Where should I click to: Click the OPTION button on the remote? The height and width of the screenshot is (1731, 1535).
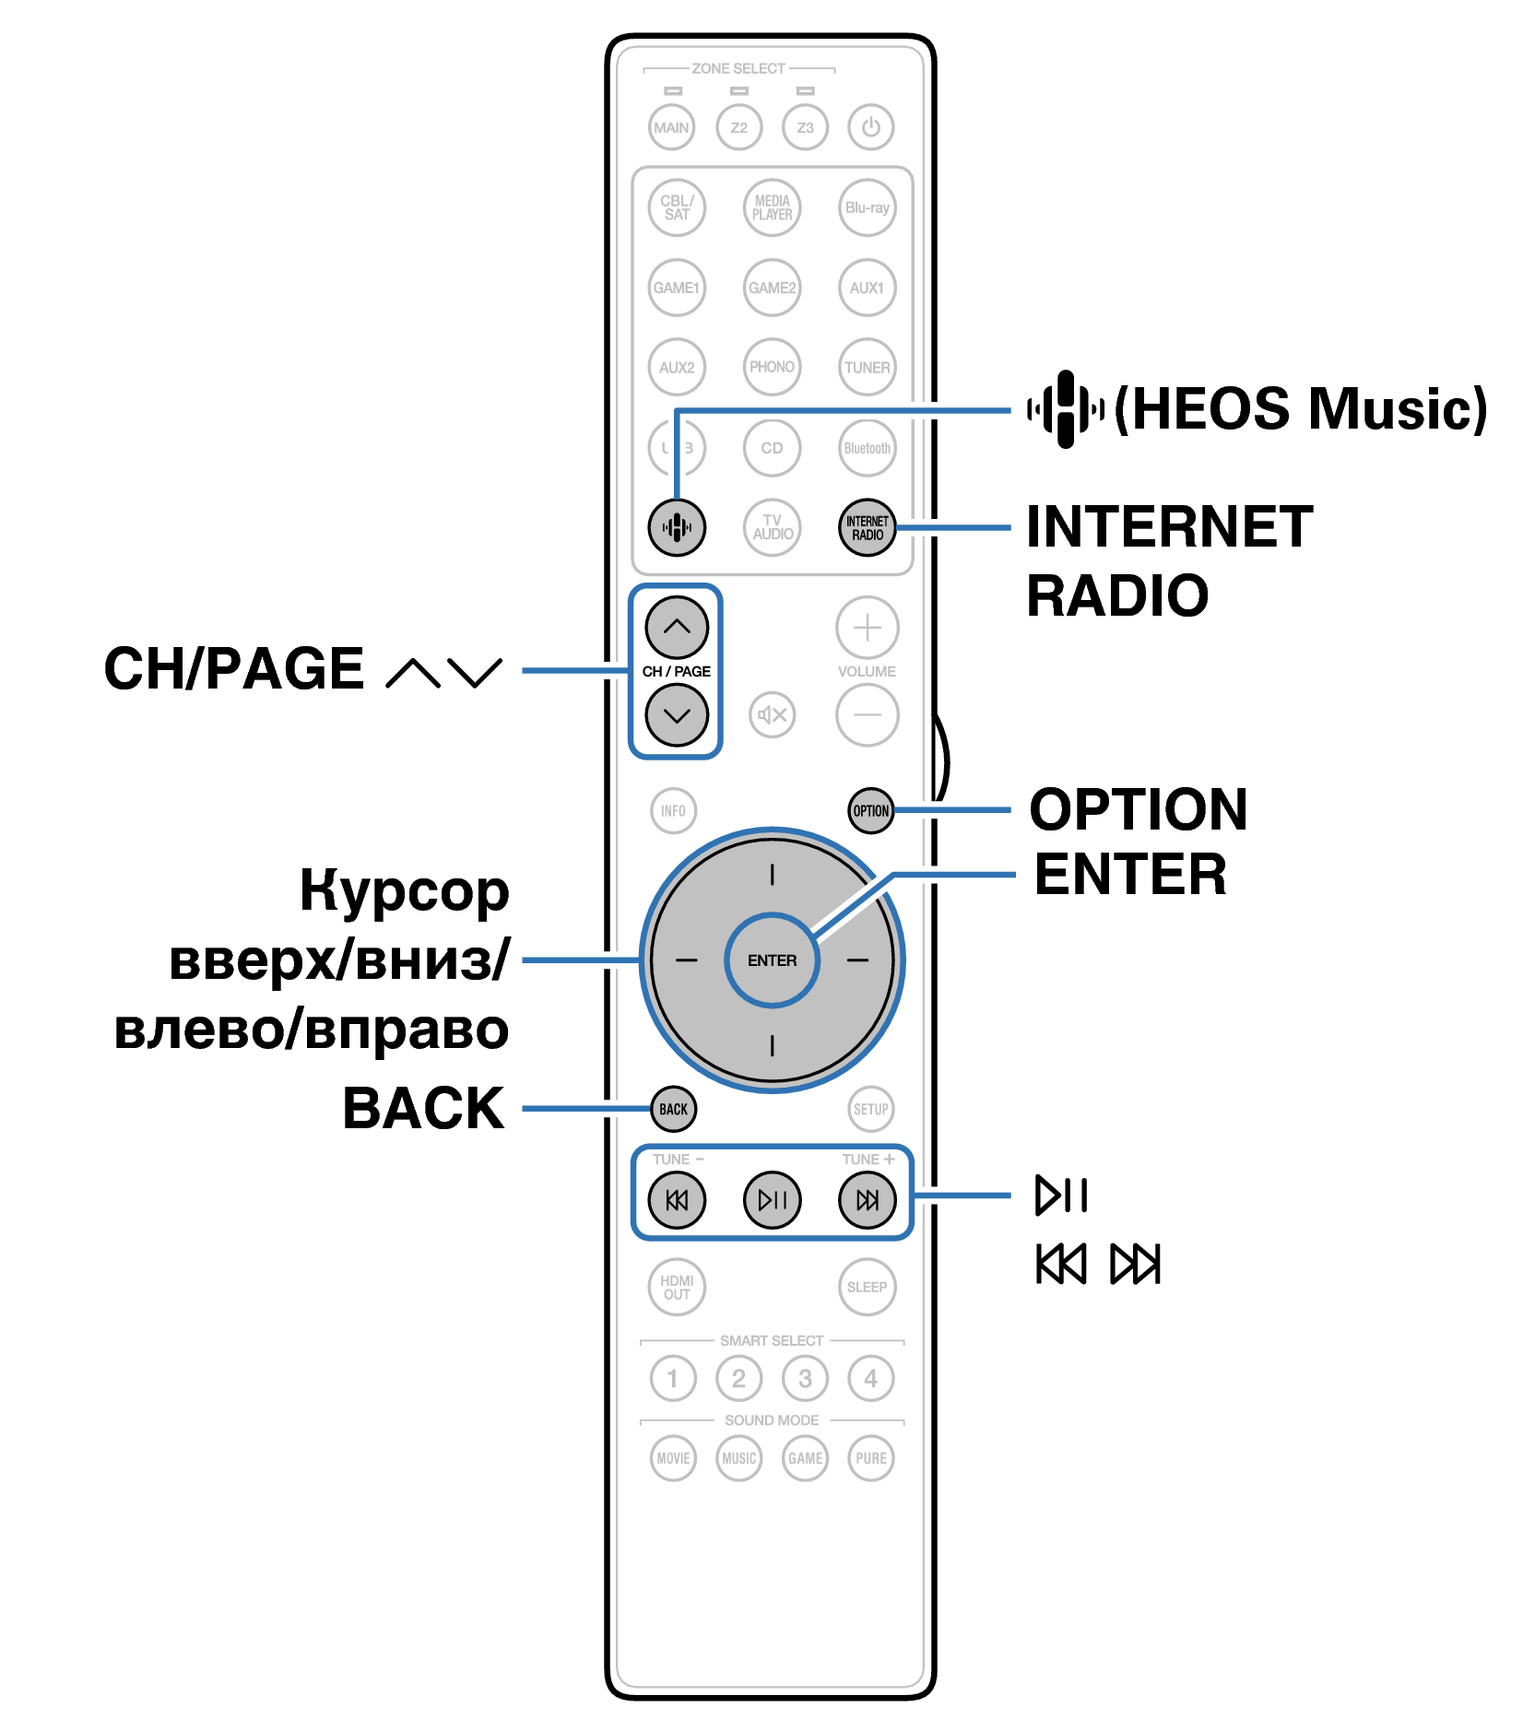tap(870, 811)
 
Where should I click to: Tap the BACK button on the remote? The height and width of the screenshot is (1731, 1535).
tap(673, 1109)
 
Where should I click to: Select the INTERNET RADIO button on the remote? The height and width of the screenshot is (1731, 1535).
tap(867, 527)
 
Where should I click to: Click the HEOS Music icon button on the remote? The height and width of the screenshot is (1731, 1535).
tap(677, 527)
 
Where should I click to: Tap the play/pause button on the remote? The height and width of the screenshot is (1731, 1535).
tap(772, 1199)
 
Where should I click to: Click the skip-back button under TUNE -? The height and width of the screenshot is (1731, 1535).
tap(677, 1199)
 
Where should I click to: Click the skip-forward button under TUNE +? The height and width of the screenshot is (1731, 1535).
tap(867, 1199)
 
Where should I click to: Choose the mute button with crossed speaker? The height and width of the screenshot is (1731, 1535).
tap(772, 714)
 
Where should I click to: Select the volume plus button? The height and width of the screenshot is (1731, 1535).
tap(867, 628)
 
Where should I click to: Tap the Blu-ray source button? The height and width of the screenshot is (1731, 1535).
tap(867, 207)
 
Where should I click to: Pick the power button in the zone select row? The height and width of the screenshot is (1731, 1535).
tap(870, 127)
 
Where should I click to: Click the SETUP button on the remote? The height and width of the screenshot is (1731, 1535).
tap(870, 1109)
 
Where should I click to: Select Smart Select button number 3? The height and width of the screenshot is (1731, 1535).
tap(805, 1378)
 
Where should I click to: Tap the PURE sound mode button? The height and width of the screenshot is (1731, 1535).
tap(870, 1458)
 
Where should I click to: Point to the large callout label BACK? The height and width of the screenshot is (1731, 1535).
tap(423, 1108)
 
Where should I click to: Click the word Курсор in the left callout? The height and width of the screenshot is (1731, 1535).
tap(404, 892)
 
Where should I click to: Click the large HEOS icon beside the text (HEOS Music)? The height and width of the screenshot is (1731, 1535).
tap(1066, 408)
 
